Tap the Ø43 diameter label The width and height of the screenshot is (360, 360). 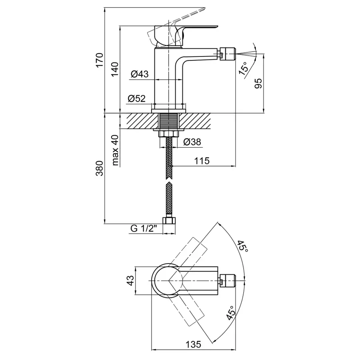(140, 74)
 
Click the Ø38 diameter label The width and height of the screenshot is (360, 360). (192, 142)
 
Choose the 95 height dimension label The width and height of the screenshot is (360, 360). (258, 84)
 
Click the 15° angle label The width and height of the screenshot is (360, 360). (243, 68)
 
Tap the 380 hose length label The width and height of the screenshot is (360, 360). (99, 168)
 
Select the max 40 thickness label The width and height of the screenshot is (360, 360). (115, 150)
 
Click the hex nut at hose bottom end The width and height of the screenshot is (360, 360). (169, 221)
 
